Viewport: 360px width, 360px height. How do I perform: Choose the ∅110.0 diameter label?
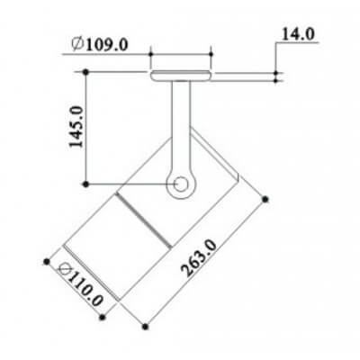(81, 282)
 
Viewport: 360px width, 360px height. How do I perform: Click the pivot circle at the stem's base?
(181, 185)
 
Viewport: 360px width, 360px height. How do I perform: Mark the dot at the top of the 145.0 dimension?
(85, 71)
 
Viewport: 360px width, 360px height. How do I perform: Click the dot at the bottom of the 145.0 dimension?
(85, 184)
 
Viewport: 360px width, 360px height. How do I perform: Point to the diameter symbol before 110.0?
(65, 267)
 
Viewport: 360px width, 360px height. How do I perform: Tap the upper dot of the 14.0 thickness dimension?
(274, 70)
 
